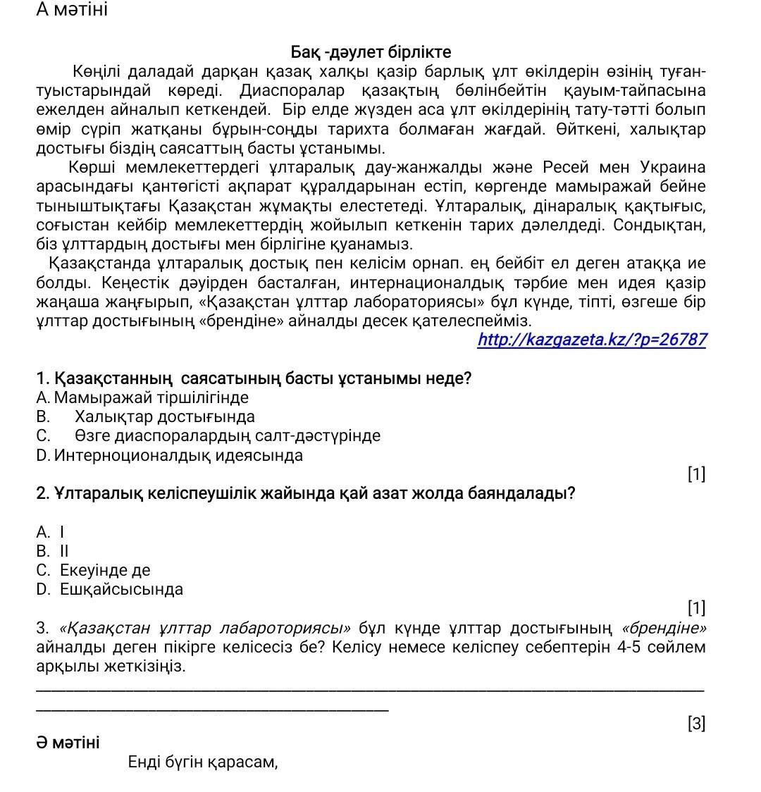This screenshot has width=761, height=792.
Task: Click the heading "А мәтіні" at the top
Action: (72, 11)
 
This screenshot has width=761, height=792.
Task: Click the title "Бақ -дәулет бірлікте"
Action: (371, 53)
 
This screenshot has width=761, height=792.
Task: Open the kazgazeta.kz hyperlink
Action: (592, 340)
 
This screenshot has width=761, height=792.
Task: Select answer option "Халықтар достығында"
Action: (164, 416)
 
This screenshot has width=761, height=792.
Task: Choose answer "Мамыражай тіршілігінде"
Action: (151, 397)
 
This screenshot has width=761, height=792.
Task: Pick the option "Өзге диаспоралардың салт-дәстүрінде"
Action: (227, 435)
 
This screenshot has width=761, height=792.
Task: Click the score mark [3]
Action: (696, 724)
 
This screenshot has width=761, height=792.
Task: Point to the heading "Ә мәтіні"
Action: (68, 743)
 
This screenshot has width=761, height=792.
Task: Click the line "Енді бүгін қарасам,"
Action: (203, 762)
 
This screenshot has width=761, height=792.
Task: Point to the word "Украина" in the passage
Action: (673, 168)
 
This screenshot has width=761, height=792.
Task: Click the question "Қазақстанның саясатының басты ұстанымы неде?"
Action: (254, 378)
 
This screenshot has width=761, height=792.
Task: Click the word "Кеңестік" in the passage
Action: (135, 283)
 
